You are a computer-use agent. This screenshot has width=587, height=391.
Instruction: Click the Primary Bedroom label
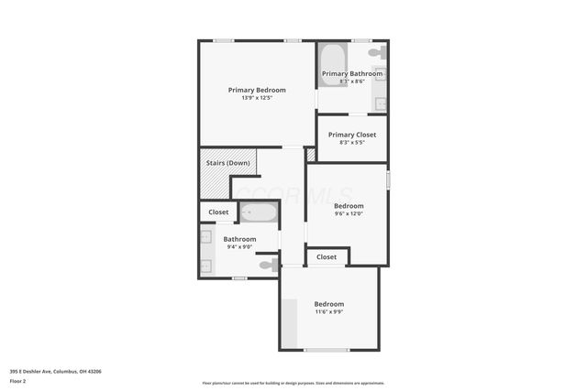tap(257, 90)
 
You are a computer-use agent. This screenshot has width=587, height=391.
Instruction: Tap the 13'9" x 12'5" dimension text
tap(257, 98)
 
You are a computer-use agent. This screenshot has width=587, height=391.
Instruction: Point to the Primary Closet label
tap(352, 135)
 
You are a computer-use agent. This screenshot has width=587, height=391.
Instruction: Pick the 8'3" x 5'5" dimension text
tap(352, 143)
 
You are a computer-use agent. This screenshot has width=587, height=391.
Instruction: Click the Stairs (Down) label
tap(227, 163)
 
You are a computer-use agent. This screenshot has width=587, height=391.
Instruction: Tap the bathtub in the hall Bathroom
tap(259, 212)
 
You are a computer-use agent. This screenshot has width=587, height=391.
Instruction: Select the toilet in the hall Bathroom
tap(267, 266)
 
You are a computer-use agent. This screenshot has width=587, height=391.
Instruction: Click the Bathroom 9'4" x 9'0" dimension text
tap(239, 246)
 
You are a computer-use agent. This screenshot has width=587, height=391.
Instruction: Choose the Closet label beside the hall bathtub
tap(218, 212)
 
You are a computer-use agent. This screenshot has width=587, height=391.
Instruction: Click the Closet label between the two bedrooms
tap(327, 257)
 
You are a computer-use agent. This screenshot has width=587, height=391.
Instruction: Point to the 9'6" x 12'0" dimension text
tap(349, 214)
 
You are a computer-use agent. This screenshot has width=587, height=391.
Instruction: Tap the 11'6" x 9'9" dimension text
tap(328, 312)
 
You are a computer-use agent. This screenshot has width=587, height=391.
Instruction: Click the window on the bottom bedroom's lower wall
tap(327, 350)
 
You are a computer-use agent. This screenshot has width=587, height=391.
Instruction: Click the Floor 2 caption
tap(17, 381)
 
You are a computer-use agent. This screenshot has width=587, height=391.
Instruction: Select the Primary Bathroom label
tap(352, 73)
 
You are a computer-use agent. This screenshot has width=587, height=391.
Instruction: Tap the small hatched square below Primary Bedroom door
tap(311, 155)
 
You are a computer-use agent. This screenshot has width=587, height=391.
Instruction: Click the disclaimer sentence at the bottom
tap(293, 383)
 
